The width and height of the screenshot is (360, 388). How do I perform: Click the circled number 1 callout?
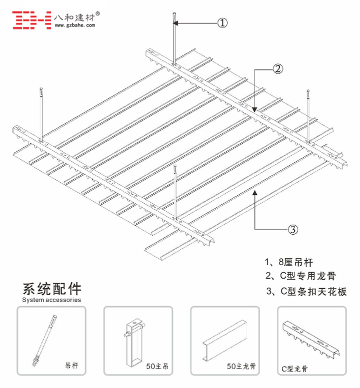tap(222, 22)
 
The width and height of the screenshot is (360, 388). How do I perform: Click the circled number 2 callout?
tap(278, 69)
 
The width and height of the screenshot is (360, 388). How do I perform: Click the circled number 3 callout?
tap(293, 229)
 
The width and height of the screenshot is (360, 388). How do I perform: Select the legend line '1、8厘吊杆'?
tap(288, 262)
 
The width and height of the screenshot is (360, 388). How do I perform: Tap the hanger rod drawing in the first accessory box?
tap(44, 340)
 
